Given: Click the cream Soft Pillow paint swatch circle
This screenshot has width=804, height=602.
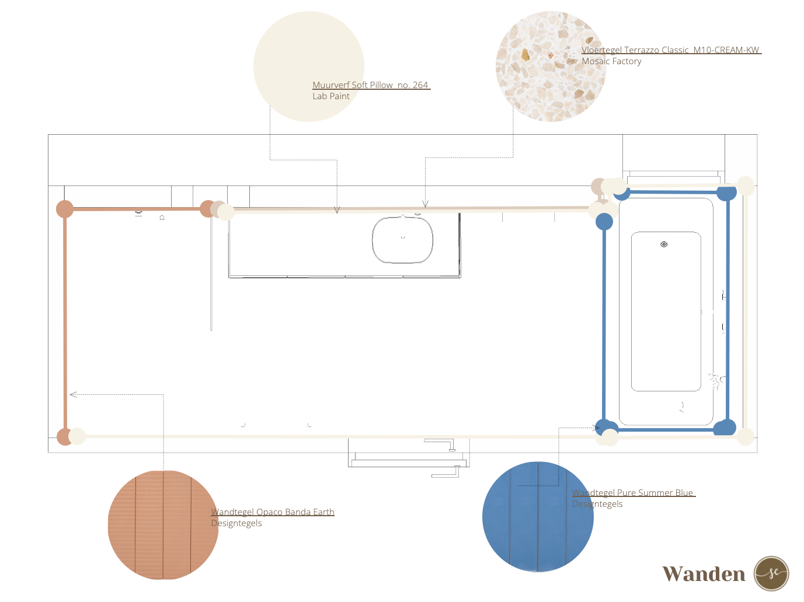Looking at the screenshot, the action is coord(308,66).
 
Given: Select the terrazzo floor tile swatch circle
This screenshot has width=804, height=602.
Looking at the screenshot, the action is coord(551,66).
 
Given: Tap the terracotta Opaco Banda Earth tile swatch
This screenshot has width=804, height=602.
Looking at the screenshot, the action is coord(163,524).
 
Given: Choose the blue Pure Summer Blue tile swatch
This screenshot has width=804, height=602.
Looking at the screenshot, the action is coord(538,516).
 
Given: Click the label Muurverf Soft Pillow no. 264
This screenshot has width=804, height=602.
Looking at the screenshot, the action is coord(370,85).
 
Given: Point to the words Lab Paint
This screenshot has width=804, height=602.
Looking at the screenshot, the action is coord(330,96).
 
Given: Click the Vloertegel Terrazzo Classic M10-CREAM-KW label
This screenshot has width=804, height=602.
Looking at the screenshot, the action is coord(670,50).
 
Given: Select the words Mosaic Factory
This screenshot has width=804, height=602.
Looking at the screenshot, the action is coord(611,61).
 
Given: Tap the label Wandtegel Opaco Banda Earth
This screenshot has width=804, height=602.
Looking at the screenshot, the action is coord(273,512).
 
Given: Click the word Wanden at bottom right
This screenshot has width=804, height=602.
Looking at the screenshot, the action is coord(704,574).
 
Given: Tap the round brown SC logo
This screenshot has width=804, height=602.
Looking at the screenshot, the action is coord(771,573).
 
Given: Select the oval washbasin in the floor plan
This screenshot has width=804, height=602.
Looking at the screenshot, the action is coord(402,240).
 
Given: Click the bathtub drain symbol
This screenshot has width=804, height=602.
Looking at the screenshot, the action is coord(664,244).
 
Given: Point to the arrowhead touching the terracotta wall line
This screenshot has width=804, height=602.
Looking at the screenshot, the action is coord(72,394).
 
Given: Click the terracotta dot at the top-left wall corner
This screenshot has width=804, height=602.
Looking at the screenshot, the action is coord(65,209).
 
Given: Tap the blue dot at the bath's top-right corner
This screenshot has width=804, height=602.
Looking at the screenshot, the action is coord(726,193).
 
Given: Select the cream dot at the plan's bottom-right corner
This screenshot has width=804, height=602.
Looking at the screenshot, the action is coord(746,436).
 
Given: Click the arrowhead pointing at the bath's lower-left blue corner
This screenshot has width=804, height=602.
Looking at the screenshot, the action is coord(596,428).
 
